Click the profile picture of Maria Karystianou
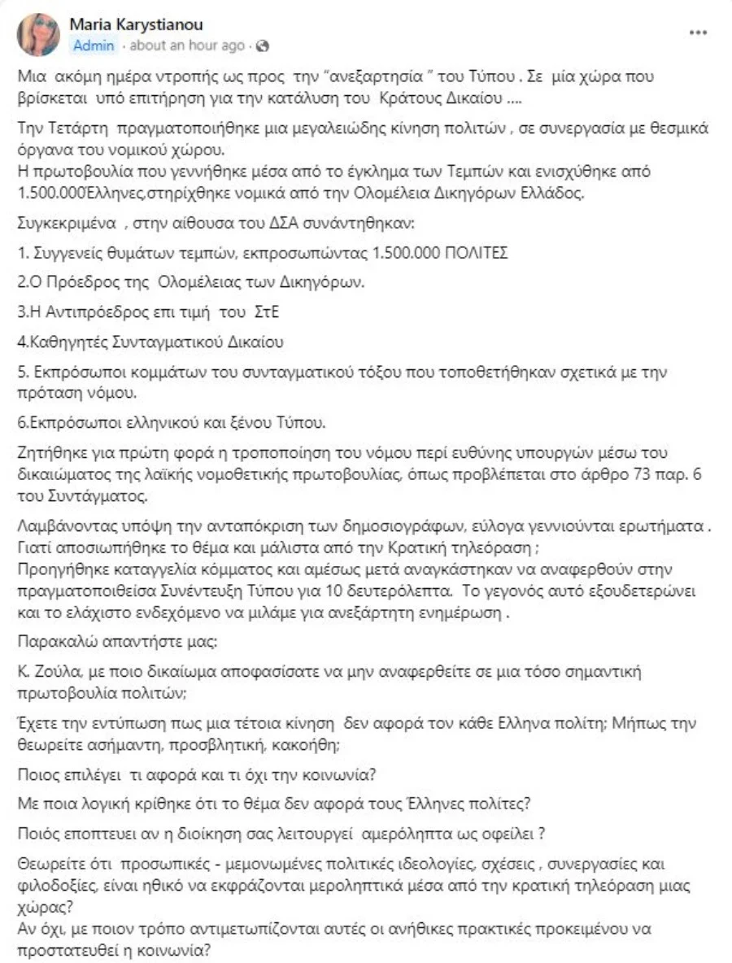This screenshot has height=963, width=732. point(38,34)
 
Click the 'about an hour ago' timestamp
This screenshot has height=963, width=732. point(187,46)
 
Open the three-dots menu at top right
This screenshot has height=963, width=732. point(698,33)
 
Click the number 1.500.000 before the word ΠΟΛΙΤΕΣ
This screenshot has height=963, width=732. point(406,252)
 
